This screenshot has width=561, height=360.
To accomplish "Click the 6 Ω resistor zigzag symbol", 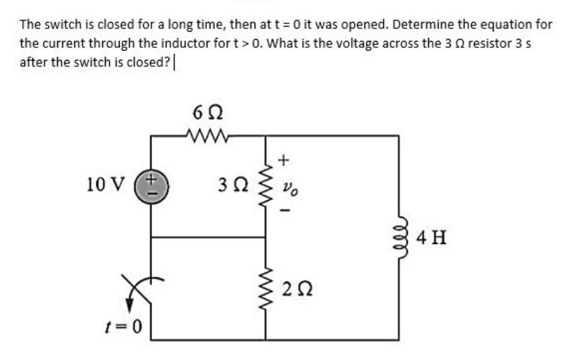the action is point(206,134).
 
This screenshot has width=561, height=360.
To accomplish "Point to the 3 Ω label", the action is point(231,186).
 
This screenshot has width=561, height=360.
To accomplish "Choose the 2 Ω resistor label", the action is point(296,290).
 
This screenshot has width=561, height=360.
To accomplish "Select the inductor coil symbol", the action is point(398,238).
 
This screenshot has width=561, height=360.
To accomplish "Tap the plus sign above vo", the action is point(284,160).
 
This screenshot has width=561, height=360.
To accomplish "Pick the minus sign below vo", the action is point(284,211).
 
